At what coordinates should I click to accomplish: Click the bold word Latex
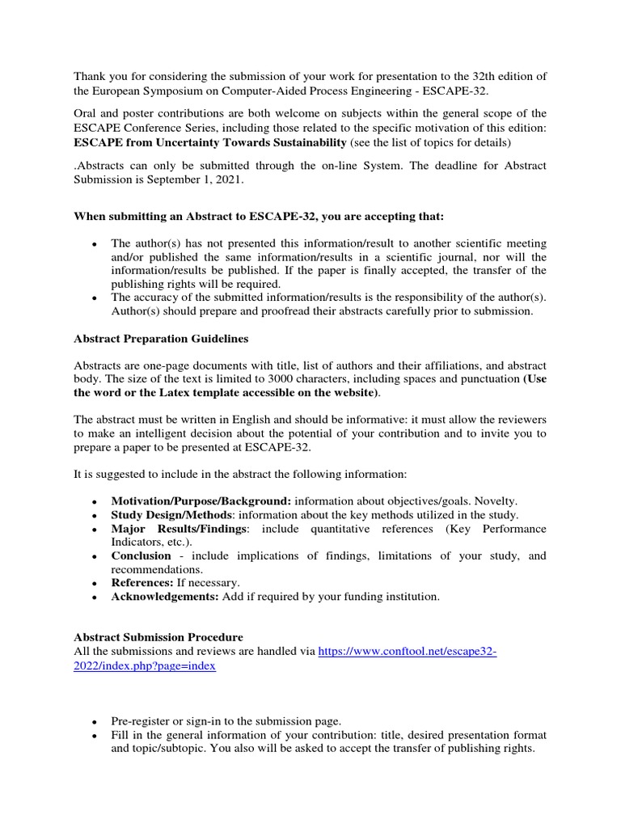[x=177, y=392]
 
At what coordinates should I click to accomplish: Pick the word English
[x=242, y=419]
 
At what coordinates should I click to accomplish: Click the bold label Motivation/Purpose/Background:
[x=201, y=501]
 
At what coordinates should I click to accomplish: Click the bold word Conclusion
[x=142, y=556]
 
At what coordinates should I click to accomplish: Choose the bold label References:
[x=142, y=582]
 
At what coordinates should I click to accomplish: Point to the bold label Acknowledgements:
[x=165, y=596]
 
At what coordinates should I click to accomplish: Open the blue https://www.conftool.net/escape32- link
[x=408, y=651]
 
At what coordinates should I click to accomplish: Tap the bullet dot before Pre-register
[x=95, y=720]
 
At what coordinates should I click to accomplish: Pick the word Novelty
[x=495, y=501]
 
